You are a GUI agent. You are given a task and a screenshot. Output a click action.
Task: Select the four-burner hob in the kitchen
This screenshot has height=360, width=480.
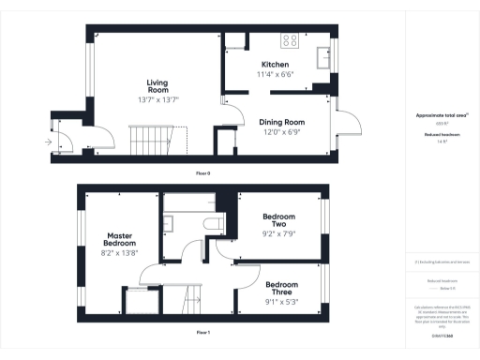(291, 41)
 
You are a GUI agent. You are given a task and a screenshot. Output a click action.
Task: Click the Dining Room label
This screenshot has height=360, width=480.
(282, 122)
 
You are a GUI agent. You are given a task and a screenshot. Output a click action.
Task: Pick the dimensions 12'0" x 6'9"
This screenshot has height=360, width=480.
(282, 132)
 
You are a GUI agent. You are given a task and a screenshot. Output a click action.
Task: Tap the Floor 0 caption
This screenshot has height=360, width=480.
(202, 174)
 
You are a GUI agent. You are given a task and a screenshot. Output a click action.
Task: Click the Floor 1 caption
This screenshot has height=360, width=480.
(202, 333)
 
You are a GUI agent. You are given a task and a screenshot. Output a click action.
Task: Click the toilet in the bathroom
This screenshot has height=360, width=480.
(213, 223)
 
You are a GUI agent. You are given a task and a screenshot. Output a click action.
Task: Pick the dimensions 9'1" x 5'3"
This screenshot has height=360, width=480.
(281, 302)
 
